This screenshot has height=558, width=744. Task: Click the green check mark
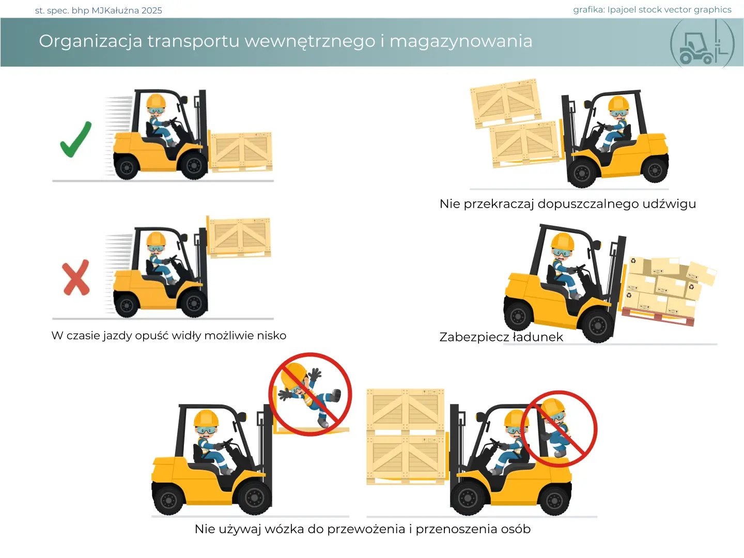coord(75,139)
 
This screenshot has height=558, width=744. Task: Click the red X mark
coord(76,277)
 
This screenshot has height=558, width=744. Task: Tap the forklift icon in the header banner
coord(702,44)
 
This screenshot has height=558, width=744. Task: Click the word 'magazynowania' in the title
coord(461,42)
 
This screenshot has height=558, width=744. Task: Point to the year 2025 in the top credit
coord(151,10)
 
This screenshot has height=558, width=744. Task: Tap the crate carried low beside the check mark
coord(241,151)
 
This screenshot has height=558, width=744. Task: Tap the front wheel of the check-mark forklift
coord(194,165)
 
